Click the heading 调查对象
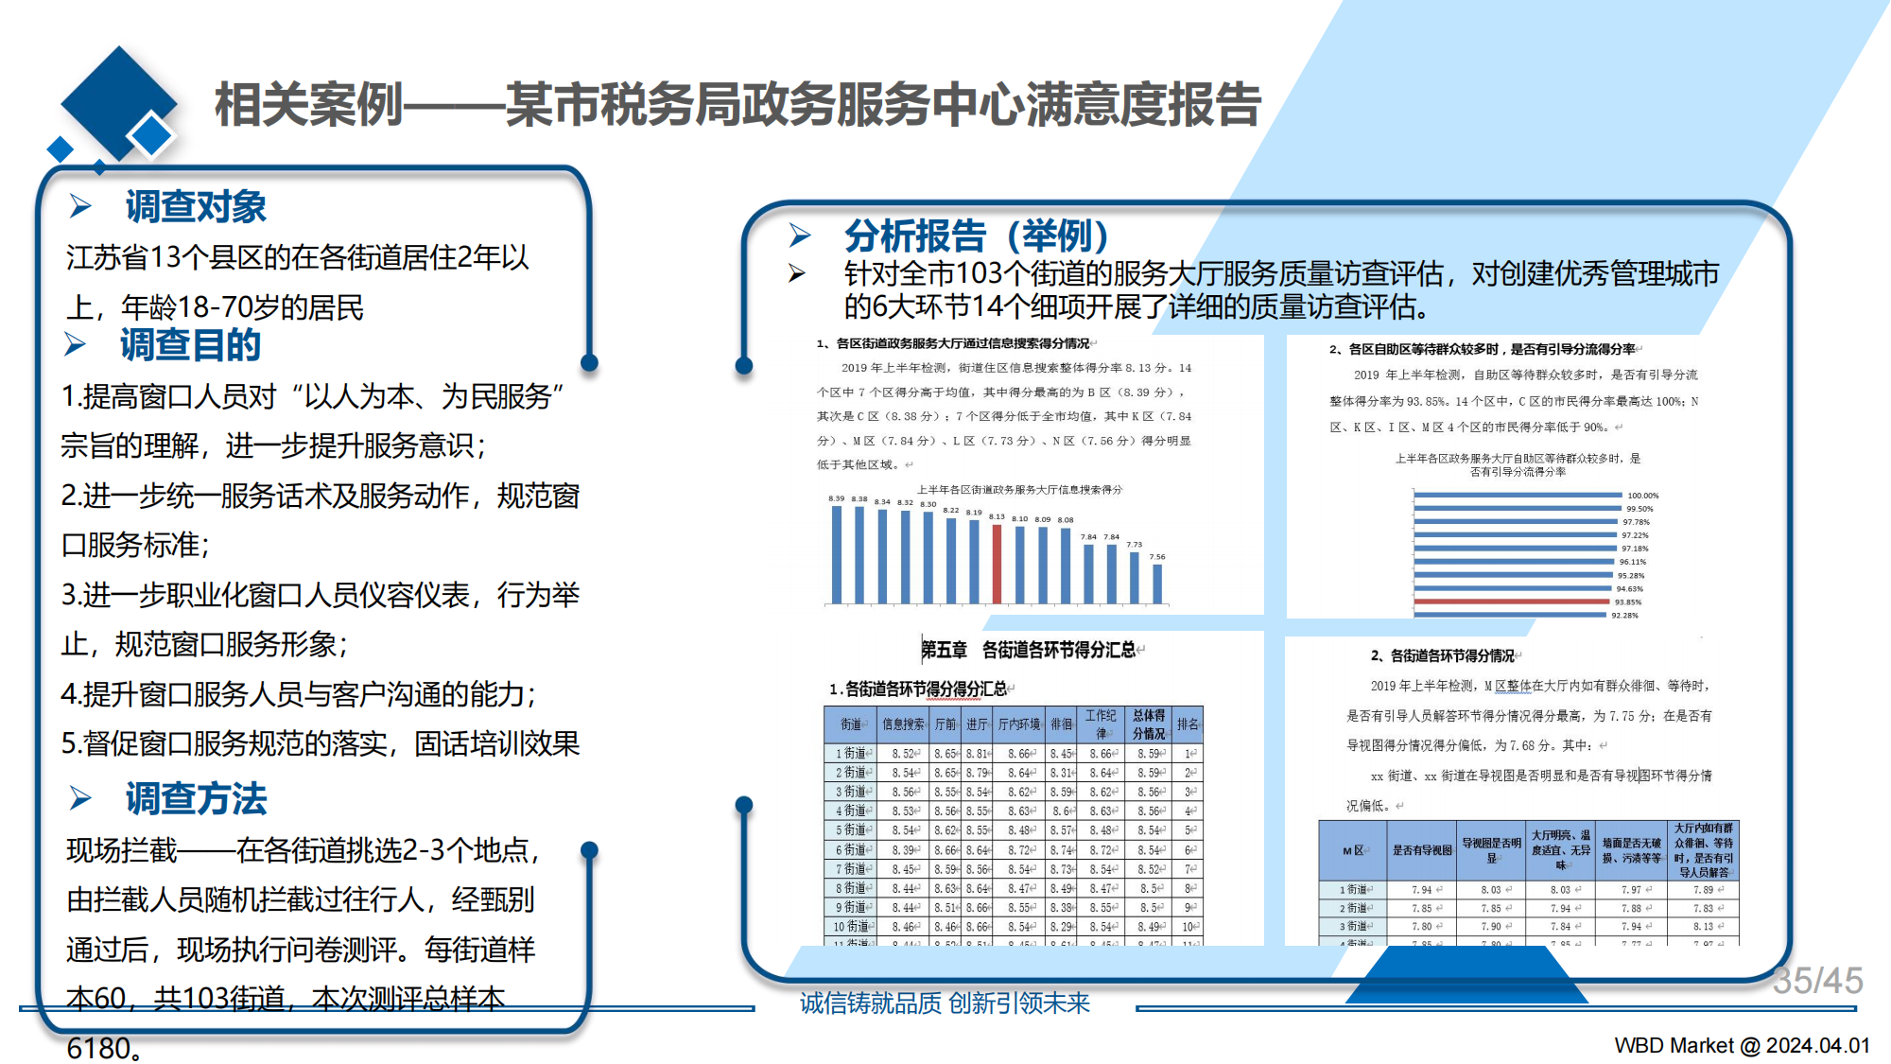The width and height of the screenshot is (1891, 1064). coord(196,207)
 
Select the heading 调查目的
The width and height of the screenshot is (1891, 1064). coord(190,345)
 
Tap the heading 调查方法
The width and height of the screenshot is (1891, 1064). coord(196,799)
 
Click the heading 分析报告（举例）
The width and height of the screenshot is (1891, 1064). coord(976,235)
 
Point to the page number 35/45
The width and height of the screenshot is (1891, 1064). coord(1817,981)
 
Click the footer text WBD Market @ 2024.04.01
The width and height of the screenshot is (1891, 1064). coord(1742,1045)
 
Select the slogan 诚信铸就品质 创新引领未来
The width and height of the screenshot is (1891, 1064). coord(945,1003)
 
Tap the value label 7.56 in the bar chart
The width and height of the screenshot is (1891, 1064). coord(1157,557)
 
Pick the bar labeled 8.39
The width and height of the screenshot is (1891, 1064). coord(837,554)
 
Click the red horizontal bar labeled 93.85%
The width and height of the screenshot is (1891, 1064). coord(1513,602)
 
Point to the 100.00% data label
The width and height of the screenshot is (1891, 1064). coord(1642,496)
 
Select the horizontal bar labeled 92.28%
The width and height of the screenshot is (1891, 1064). coord(1511,615)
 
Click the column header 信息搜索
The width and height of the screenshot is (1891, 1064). coord(903,724)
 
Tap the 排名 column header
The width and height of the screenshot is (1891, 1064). coord(1188,724)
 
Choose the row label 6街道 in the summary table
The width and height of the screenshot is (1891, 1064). coord(850,850)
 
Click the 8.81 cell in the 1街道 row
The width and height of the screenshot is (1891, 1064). coord(978,754)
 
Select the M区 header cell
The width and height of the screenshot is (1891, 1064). coord(1353,850)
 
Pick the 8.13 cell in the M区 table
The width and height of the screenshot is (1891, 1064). coord(1703,927)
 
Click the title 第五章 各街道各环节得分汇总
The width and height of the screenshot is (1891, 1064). coord(1031,650)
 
